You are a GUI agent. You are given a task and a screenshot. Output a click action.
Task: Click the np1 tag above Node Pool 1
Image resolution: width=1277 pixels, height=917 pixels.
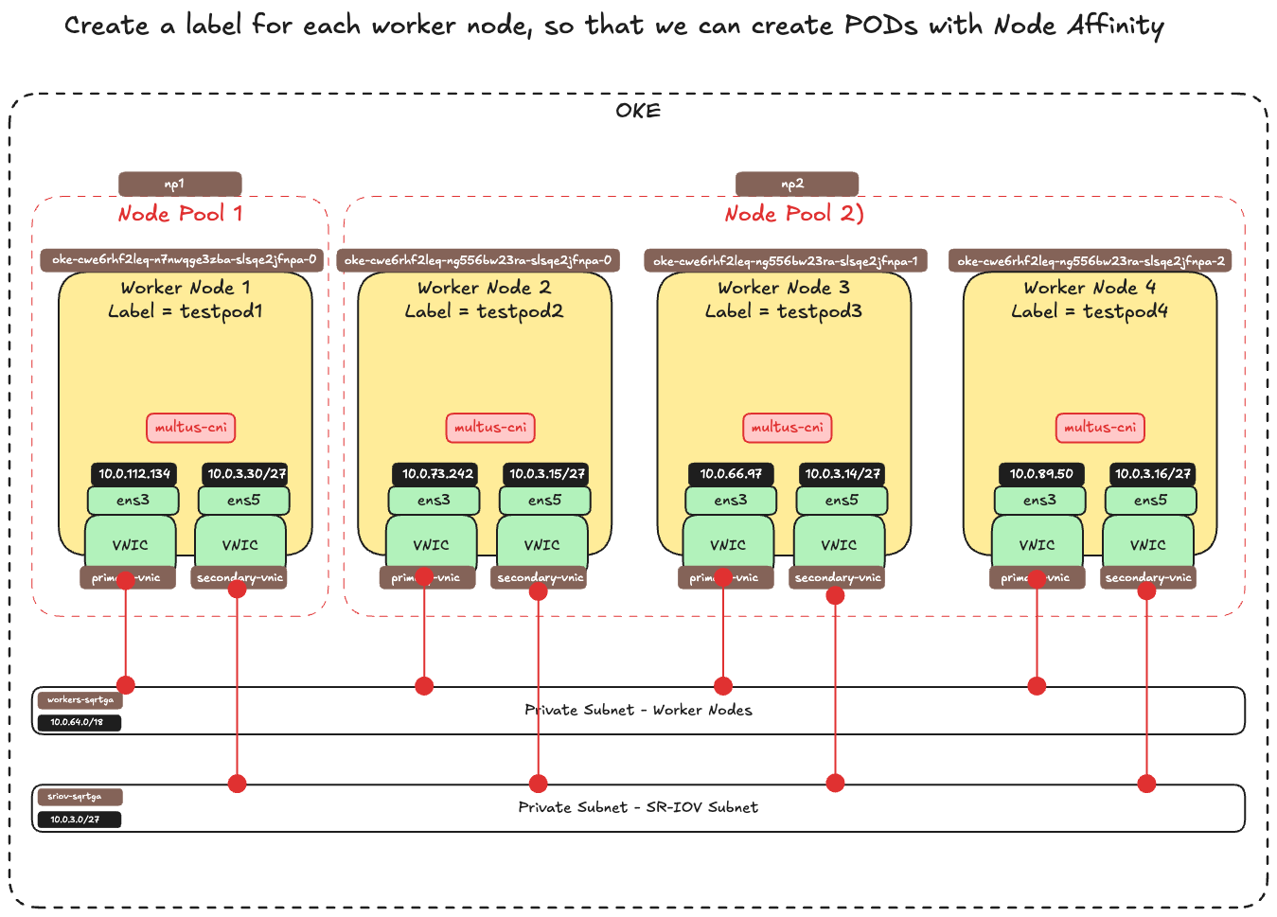(180, 184)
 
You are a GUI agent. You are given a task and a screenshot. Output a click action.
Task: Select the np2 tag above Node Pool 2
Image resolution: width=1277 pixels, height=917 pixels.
(796, 184)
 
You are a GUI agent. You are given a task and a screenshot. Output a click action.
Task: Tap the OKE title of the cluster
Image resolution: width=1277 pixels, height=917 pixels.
(638, 111)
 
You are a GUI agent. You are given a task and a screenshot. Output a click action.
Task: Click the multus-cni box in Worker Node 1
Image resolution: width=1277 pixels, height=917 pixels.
(191, 428)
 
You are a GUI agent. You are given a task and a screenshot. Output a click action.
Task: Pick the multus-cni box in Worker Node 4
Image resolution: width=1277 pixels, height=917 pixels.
(1100, 428)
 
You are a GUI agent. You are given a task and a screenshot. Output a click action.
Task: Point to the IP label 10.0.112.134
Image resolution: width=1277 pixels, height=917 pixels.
(134, 473)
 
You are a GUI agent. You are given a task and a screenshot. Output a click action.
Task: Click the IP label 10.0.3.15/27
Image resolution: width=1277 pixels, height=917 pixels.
(547, 473)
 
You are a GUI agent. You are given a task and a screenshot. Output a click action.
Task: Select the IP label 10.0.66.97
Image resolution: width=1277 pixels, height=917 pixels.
(731, 473)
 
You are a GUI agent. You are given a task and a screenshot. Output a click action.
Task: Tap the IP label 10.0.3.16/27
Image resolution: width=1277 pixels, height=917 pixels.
(1152, 473)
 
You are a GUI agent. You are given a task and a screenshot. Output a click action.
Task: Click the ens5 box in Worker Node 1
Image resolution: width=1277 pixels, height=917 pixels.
(243, 501)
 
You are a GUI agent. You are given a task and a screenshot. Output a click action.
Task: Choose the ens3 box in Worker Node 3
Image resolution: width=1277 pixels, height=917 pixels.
(731, 501)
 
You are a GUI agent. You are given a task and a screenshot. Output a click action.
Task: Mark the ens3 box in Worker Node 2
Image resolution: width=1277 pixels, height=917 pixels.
(434, 501)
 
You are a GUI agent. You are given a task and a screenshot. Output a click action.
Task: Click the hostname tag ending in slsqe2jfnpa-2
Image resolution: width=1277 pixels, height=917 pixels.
(1091, 260)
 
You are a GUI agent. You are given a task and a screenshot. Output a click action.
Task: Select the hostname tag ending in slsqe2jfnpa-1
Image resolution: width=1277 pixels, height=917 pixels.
(786, 260)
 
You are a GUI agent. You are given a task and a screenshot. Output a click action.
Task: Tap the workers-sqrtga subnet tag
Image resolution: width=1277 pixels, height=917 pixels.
(80, 700)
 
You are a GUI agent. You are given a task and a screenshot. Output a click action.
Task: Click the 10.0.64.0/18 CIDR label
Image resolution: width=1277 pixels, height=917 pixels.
(78, 722)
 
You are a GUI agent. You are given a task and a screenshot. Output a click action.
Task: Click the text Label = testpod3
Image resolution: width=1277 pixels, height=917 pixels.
(784, 311)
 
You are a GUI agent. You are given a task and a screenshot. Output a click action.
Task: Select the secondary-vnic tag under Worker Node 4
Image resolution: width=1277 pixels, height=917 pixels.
(1149, 577)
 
